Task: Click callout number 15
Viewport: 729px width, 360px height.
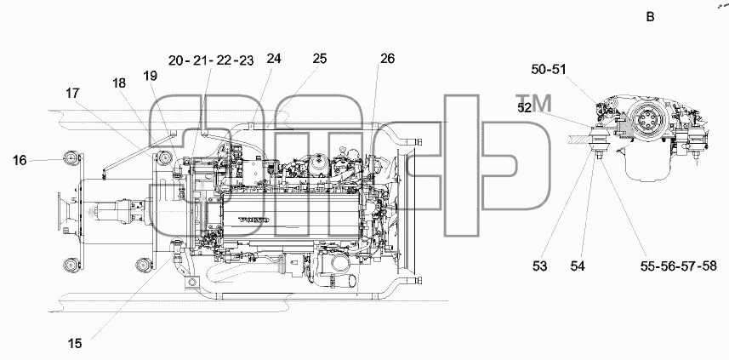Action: [74, 343]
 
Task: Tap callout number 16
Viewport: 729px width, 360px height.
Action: [20, 161]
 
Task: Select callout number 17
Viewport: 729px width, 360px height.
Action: [72, 94]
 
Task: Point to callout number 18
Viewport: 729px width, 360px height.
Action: [119, 83]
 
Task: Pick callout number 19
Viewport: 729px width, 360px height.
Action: [151, 76]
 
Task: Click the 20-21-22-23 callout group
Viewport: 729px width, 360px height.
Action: [211, 60]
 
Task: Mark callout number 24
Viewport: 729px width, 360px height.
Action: [274, 59]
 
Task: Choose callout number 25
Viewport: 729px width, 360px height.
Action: [319, 59]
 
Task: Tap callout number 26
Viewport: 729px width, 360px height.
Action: [387, 59]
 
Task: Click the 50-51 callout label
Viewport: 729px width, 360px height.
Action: [549, 69]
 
